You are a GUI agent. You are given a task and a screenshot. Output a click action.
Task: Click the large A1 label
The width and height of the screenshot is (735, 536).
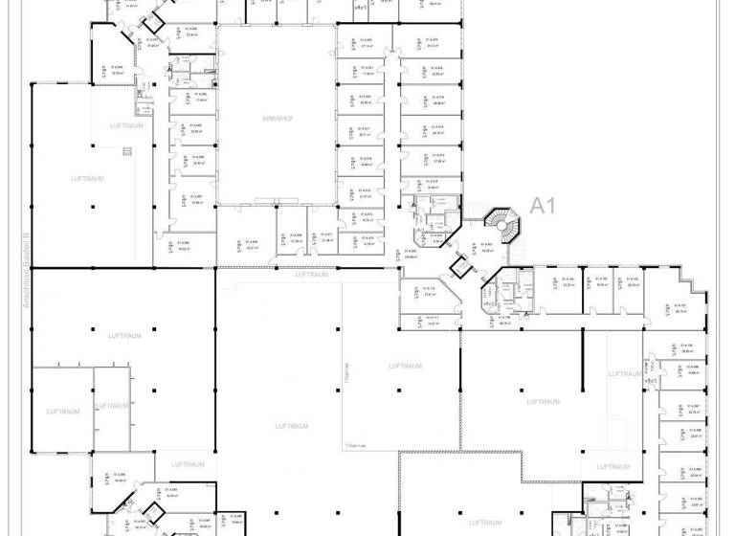(544, 205)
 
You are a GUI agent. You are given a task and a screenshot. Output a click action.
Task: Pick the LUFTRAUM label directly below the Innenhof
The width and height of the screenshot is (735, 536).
(312, 275)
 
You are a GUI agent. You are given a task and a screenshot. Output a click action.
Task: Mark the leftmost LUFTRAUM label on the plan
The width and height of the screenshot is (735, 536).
(62, 412)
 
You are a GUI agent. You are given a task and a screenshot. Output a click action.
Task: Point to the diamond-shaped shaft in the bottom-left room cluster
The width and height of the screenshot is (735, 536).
(150, 513)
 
